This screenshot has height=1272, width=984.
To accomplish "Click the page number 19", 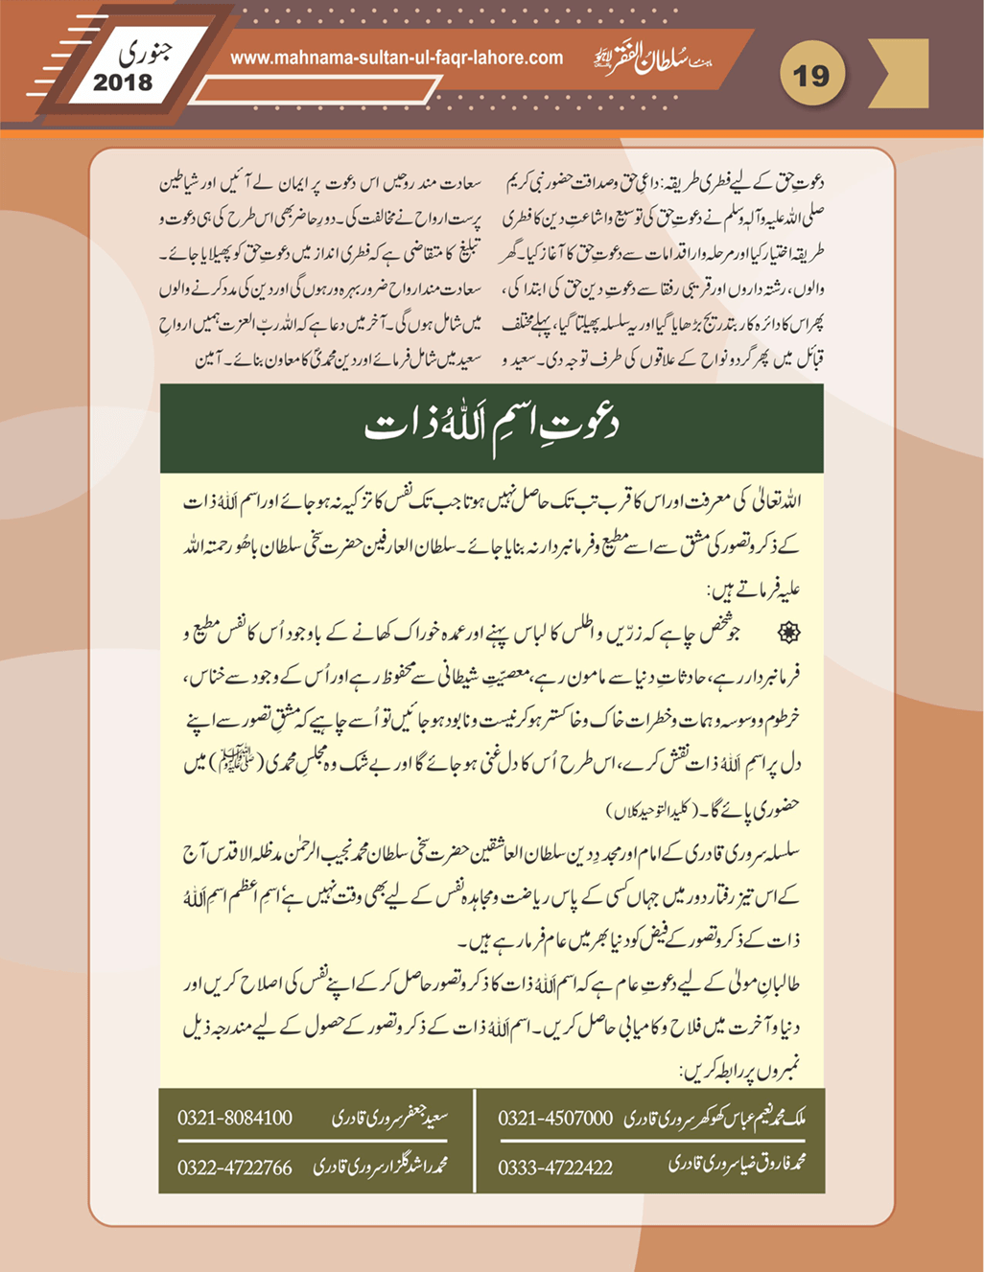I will (x=811, y=74).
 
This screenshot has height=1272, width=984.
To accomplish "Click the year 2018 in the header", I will (x=123, y=83).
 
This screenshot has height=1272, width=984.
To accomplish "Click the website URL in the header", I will (x=396, y=58).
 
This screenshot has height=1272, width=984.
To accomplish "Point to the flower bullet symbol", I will (x=789, y=633).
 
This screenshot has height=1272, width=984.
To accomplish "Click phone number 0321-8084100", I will (x=235, y=1118).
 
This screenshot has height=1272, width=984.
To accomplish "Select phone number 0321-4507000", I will (x=555, y=1118).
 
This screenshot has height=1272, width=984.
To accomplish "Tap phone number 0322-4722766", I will (x=235, y=1168).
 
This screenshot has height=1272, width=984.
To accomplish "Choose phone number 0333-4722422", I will (x=555, y=1168).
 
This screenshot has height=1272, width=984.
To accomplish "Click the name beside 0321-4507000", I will (x=715, y=1118).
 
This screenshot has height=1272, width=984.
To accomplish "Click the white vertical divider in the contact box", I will (x=475, y=1141).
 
